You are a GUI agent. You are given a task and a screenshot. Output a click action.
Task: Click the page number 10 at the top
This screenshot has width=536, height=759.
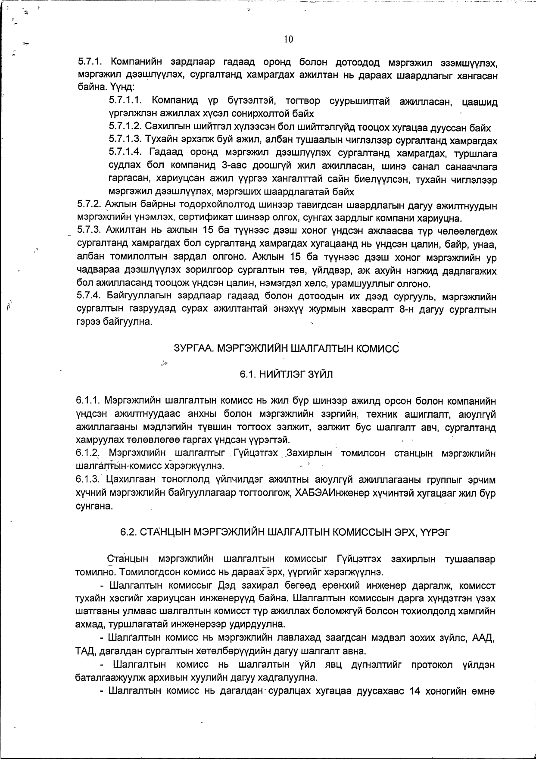[288, 39]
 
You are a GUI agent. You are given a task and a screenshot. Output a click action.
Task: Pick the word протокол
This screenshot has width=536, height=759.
[435, 665]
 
